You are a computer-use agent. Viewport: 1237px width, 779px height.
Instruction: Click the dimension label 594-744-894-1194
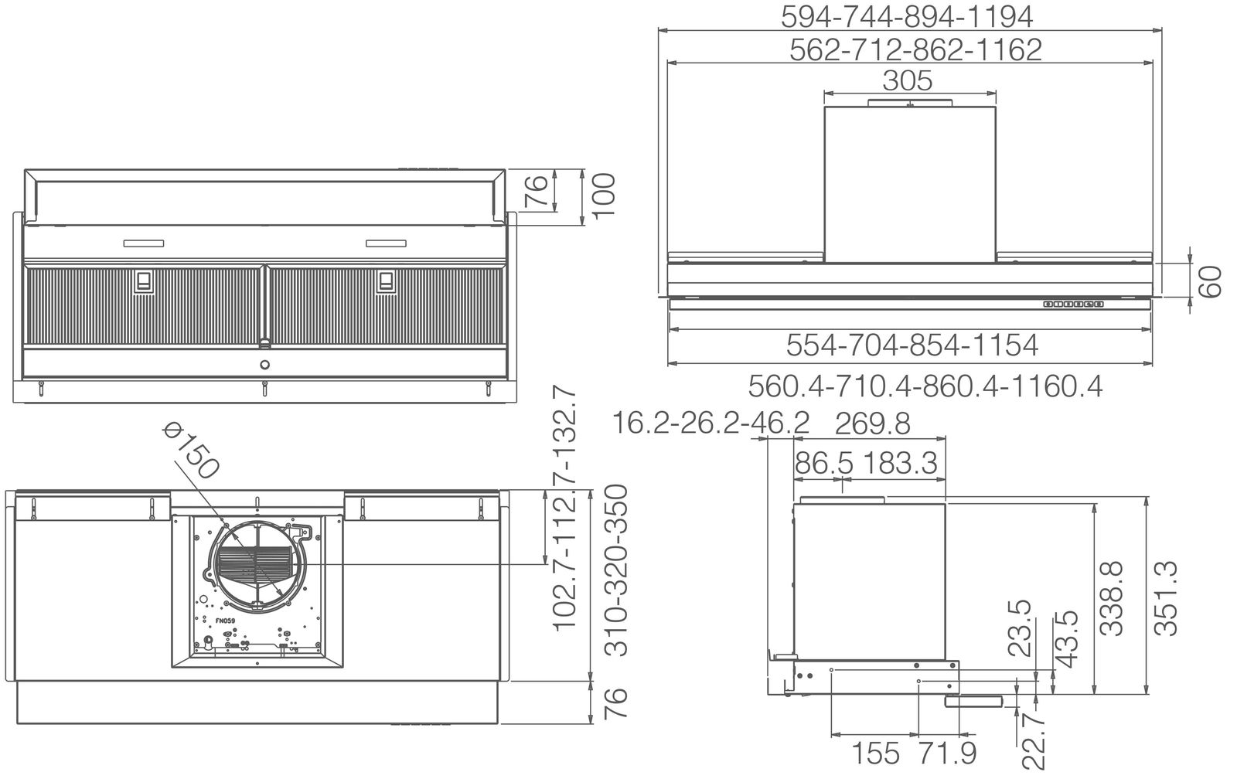[x=907, y=17]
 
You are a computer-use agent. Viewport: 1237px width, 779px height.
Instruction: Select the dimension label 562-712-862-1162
[x=915, y=49]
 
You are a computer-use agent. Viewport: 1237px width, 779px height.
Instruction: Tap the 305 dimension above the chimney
[x=908, y=80]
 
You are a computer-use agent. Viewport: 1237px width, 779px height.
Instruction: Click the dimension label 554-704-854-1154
[x=912, y=345]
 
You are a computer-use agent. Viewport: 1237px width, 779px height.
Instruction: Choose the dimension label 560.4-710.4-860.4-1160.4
[x=925, y=386]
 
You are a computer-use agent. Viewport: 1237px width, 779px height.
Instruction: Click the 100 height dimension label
[x=604, y=196]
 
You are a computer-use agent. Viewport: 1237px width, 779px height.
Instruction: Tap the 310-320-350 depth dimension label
[x=616, y=570]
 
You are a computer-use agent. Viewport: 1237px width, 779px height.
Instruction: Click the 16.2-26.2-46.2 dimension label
[x=711, y=424]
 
